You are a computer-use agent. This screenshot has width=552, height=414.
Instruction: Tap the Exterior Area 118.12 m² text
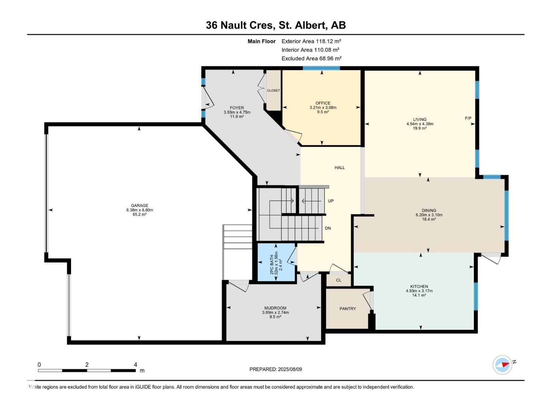tap(311, 41)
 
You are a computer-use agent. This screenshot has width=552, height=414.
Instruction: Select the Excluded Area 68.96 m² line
tap(311, 58)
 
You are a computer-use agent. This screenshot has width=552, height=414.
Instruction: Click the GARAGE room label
tap(139, 206)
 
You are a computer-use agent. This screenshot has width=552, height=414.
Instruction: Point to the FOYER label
tap(237, 108)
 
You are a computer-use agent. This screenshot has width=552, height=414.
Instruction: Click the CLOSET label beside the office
tap(273, 90)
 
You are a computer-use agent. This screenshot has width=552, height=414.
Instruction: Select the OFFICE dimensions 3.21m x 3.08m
tap(323, 108)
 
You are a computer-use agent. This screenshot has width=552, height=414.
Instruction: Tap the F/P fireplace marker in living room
tap(468, 118)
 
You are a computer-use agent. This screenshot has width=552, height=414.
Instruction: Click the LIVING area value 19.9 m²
tap(420, 128)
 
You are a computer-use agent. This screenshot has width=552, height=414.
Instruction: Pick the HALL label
tap(339, 168)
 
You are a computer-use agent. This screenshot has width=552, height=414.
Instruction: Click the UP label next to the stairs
tap(331, 201)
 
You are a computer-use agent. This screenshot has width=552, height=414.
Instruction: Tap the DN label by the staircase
tap(328, 228)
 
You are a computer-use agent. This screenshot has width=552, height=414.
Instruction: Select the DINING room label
tap(429, 210)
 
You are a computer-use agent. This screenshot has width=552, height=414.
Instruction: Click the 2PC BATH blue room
tap(276, 263)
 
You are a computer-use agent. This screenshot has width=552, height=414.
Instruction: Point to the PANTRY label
tap(347, 309)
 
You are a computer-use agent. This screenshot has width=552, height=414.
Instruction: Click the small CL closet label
tap(338, 280)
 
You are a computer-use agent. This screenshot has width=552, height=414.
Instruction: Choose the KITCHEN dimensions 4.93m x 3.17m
tap(419, 291)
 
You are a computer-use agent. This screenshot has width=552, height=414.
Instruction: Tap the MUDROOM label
tap(275, 308)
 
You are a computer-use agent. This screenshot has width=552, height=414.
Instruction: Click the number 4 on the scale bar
tap(135, 365)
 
